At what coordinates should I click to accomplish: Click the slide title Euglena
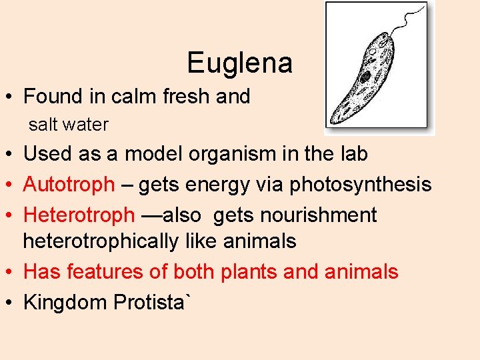(239, 63)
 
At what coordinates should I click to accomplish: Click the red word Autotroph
(69, 185)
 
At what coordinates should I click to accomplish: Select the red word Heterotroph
(79, 215)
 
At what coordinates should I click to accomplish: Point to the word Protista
(153, 302)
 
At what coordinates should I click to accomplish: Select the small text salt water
(68, 124)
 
